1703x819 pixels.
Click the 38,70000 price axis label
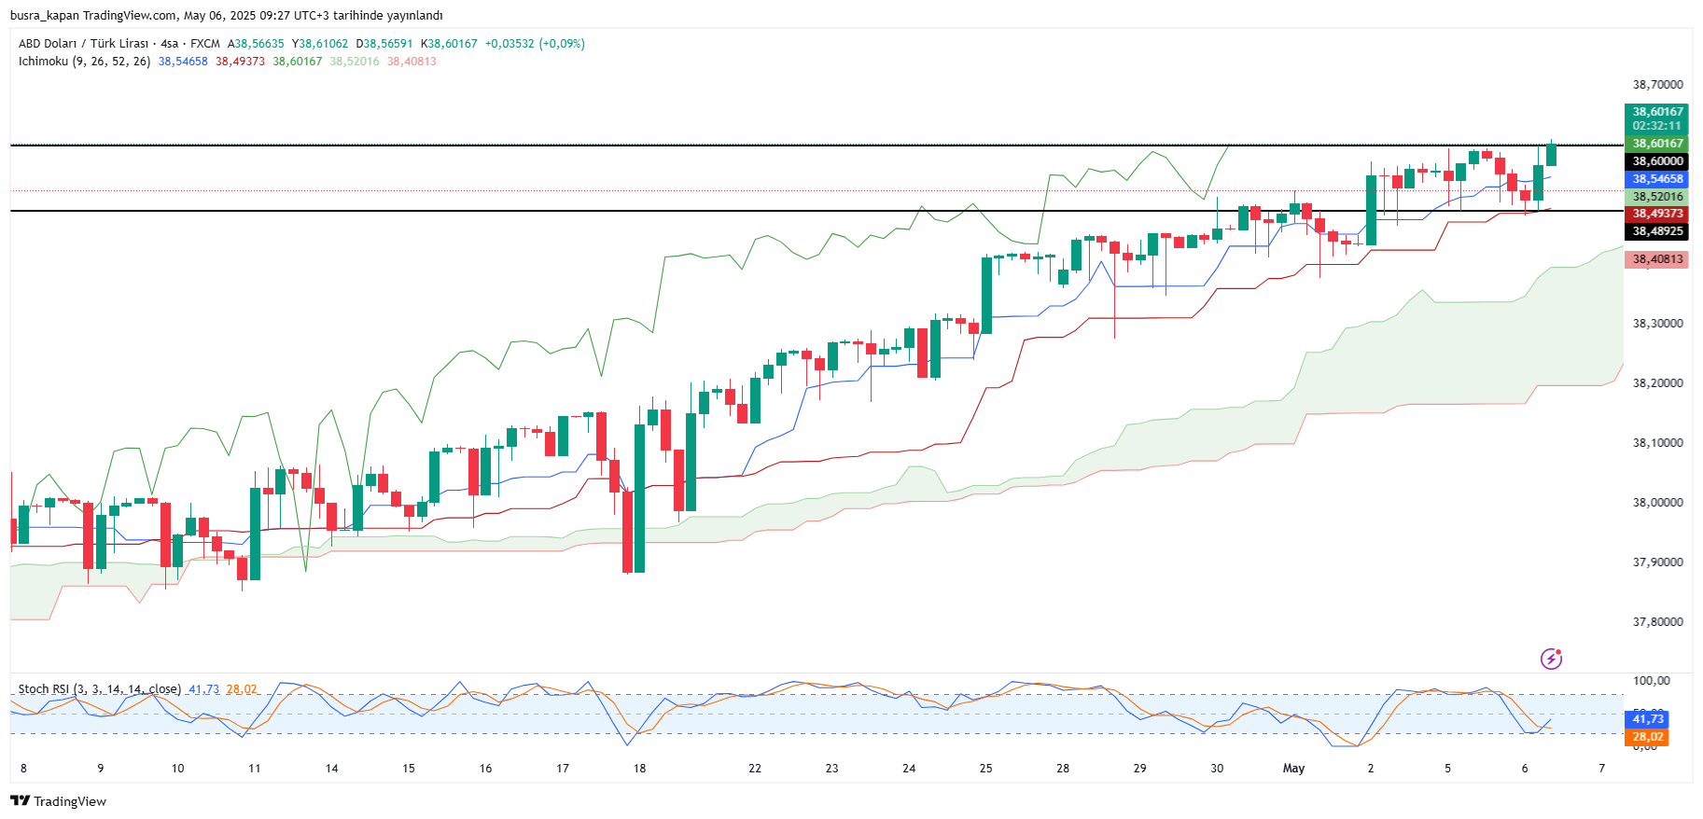[1657, 85]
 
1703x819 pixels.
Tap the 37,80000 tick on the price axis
[1657, 622]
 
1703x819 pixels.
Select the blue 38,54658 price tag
[1657, 179]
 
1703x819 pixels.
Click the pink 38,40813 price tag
[1657, 259]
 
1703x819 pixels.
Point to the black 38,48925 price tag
[1657, 231]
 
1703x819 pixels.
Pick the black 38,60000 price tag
[1657, 161]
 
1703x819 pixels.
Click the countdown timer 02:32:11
[1657, 126]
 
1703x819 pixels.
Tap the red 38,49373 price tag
[1657, 214]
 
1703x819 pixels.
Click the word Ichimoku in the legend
[43, 62]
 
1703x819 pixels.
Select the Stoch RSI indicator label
[99, 689]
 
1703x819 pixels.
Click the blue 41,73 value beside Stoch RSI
[203, 689]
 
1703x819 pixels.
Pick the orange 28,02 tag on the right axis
[1648, 737]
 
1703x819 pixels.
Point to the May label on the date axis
[1293, 769]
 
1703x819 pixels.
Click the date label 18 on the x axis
[639, 769]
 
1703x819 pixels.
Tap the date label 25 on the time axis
[985, 769]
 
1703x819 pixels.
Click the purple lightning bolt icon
[1551, 659]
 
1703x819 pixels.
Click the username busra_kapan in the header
[44, 16]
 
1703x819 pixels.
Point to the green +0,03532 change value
[510, 44]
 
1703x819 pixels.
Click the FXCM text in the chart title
[205, 44]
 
